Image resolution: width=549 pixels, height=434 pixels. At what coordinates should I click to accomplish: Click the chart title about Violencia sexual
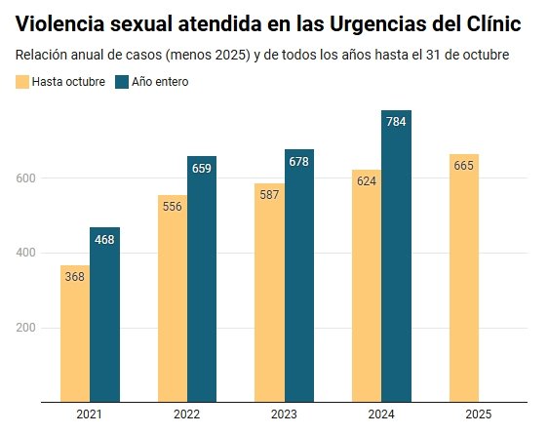click(x=274, y=22)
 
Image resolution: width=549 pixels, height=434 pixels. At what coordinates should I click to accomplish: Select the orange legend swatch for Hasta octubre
click(x=22, y=82)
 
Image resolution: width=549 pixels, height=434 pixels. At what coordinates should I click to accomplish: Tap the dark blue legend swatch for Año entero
click(x=122, y=82)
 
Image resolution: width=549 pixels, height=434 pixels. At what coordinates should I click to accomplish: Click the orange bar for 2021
click(x=74, y=333)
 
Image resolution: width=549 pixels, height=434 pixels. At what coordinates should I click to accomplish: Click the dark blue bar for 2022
click(x=202, y=278)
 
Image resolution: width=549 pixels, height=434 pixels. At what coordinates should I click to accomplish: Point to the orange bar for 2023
click(x=269, y=292)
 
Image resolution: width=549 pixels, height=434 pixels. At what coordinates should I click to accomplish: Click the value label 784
click(x=397, y=122)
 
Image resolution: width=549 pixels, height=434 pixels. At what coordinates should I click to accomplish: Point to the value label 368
click(x=74, y=277)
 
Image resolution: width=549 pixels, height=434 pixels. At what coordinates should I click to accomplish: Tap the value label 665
click(x=464, y=166)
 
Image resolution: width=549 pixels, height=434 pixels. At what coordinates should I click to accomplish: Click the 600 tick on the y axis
click(x=26, y=178)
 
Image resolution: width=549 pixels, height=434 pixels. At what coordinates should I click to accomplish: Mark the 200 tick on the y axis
click(x=26, y=328)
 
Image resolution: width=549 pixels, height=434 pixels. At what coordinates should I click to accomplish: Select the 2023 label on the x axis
click(x=284, y=414)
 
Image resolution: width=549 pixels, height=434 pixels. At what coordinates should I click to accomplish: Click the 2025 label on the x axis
click(x=479, y=414)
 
